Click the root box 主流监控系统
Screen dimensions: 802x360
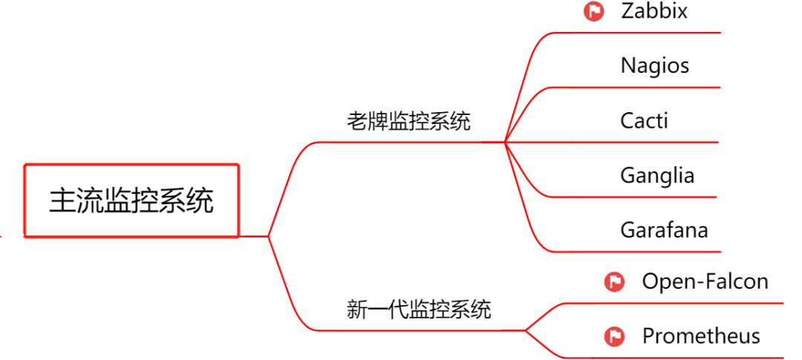(131, 201)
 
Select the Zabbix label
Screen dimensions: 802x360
(654, 11)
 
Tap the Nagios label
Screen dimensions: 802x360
(654, 65)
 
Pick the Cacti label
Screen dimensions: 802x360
(644, 120)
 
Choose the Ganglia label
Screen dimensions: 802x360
(657, 175)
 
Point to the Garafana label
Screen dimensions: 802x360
(664, 229)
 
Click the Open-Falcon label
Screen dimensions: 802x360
(705, 281)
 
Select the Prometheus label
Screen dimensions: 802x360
(700, 336)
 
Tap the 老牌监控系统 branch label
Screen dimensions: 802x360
(408, 121)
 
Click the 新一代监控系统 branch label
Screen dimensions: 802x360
(419, 309)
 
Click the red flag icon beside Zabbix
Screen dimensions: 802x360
(593, 12)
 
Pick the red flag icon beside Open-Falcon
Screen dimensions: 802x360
(614, 282)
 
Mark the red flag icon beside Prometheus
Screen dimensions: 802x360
(614, 336)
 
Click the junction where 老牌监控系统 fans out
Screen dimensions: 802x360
(504, 142)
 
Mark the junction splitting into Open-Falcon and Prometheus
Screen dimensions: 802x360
(525, 330)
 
